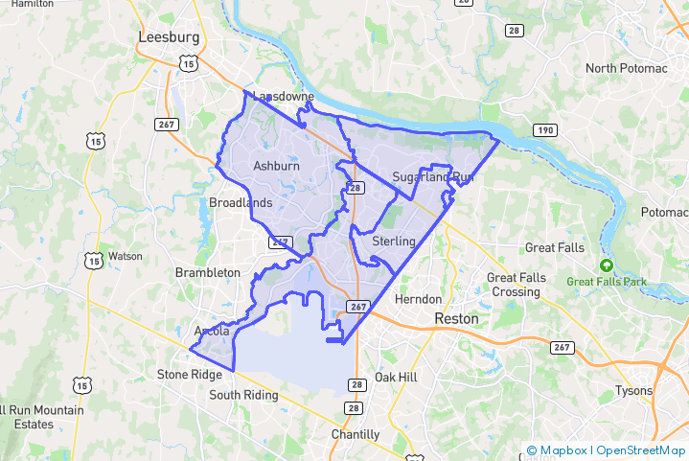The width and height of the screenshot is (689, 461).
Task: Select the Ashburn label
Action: click(x=276, y=166)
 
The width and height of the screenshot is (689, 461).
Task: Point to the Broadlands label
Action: click(x=241, y=203)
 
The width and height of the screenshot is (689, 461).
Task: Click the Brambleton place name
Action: click(x=208, y=273)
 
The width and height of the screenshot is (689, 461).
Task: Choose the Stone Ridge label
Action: click(x=189, y=375)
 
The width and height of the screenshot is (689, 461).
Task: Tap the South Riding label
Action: click(x=243, y=395)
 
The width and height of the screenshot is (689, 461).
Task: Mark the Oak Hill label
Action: click(x=396, y=378)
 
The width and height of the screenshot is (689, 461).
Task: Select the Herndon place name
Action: click(x=419, y=299)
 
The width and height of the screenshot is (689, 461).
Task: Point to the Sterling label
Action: click(x=394, y=241)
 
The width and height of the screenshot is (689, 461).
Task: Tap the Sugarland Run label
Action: click(x=433, y=177)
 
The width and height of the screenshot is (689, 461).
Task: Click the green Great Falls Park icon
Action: click(x=605, y=265)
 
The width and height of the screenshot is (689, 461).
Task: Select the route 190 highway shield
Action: click(x=543, y=130)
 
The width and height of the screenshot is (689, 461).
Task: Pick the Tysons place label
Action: click(x=633, y=390)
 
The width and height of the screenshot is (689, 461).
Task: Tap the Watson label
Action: click(x=126, y=257)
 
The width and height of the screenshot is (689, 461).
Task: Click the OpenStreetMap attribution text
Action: click(x=640, y=449)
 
